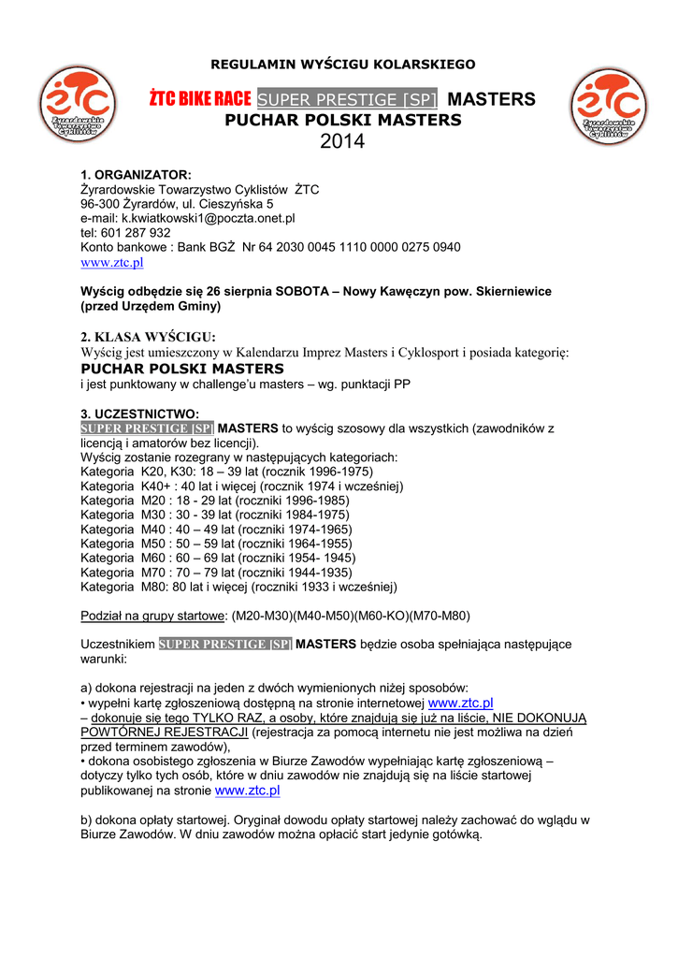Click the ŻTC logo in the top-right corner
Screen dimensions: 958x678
click(x=610, y=107)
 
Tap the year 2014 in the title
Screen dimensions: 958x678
click(x=342, y=142)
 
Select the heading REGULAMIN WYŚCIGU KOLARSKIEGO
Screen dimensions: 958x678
click(x=343, y=64)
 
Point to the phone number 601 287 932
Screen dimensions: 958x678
click(x=125, y=232)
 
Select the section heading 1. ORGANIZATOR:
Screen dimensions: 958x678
click(x=136, y=175)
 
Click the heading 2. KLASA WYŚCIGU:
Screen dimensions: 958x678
click(x=148, y=337)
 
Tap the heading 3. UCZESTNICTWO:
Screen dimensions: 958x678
click(x=139, y=414)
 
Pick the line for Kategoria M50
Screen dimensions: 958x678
click(x=216, y=544)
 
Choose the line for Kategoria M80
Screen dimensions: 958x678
click(x=238, y=587)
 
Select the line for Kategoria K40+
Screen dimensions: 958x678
click(x=241, y=486)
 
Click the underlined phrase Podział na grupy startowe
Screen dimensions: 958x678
click(x=153, y=616)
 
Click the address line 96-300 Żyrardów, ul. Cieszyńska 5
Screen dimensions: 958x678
click(x=177, y=204)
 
